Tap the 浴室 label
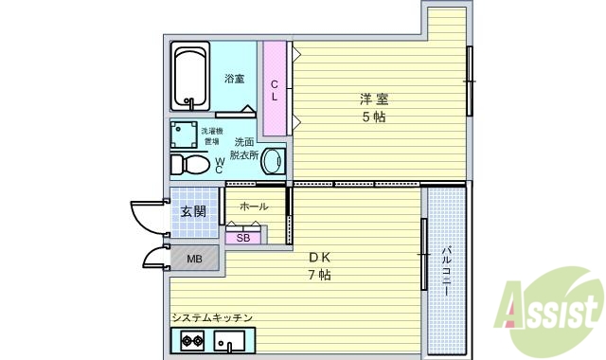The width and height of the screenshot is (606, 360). click(x=235, y=79)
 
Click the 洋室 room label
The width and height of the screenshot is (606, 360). click(x=371, y=99)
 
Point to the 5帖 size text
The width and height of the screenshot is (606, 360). click(x=371, y=117)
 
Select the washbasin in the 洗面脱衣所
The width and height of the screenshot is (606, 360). click(x=272, y=161)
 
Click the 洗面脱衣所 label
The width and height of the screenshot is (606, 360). click(x=243, y=148)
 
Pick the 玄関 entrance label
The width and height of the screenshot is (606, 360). click(x=192, y=210)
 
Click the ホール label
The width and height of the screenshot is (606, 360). click(x=253, y=207)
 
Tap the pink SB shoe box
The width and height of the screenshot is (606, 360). click(x=242, y=237)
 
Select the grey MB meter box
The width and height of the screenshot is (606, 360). click(x=193, y=258)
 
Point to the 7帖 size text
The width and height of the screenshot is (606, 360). click(x=317, y=275)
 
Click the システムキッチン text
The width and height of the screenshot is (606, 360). click(x=211, y=317)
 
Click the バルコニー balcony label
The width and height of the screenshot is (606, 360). click(x=445, y=270)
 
